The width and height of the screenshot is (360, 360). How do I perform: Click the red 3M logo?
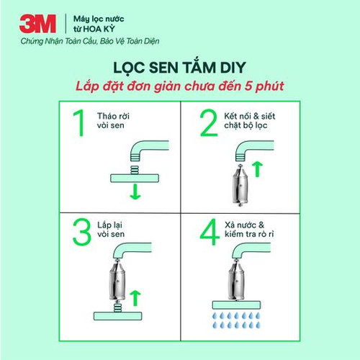click(x=37, y=24)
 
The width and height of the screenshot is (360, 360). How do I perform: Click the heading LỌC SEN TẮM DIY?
click(x=179, y=68)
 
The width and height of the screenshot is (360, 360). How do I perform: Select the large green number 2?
click(x=209, y=123)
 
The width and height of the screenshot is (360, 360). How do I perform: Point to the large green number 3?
click(x=82, y=232)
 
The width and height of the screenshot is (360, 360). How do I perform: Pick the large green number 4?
click(x=210, y=232)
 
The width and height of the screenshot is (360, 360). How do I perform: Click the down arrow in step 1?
click(x=135, y=192)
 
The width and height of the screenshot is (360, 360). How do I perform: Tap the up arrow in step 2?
click(x=258, y=169)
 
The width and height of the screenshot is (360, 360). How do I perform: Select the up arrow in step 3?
click(x=135, y=298)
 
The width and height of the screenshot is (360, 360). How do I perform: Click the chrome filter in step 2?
click(x=240, y=185)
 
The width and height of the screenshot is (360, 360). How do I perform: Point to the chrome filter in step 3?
click(x=117, y=280)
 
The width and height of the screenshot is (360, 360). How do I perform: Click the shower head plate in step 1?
click(x=135, y=178)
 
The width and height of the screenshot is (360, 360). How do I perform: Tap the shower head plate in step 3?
click(x=117, y=316)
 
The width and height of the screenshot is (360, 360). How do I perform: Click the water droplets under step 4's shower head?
click(x=236, y=320)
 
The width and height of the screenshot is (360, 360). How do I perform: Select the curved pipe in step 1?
click(x=149, y=146)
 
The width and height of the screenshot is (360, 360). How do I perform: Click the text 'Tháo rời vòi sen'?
click(x=113, y=121)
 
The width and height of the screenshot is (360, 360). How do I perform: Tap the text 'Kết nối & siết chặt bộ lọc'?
click(x=250, y=121)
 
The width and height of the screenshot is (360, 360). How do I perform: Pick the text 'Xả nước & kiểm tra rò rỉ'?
click(x=249, y=230)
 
